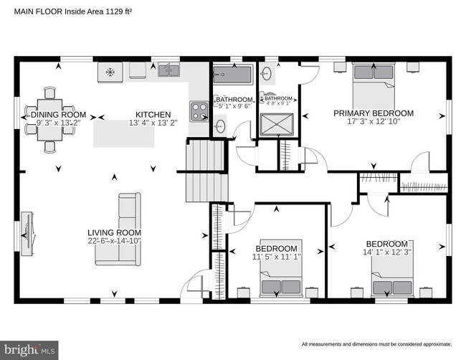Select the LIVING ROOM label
[114, 232]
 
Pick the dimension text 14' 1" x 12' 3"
[387, 252]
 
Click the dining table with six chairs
[49, 119]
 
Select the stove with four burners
[199, 110]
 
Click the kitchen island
[123, 134]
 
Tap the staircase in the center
[206, 171]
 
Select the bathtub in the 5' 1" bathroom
[233, 75]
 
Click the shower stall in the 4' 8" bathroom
[277, 127]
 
